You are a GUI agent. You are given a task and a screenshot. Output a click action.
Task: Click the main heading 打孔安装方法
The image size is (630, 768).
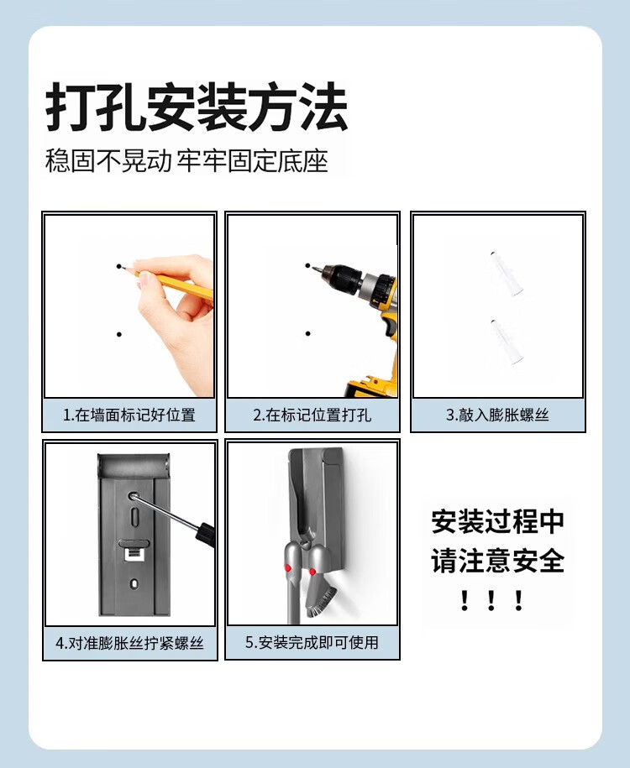[x=197, y=107]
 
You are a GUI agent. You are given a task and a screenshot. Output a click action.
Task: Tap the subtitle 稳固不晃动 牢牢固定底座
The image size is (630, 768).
[x=186, y=160]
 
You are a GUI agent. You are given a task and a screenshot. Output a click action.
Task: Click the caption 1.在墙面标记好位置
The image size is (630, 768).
[x=129, y=415]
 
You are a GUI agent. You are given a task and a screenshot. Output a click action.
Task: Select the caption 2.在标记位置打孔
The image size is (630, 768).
[x=312, y=415]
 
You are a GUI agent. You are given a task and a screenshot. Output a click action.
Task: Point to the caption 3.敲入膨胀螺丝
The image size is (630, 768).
[x=497, y=415]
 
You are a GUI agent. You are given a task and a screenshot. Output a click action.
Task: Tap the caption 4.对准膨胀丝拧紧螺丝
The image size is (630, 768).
[x=130, y=643]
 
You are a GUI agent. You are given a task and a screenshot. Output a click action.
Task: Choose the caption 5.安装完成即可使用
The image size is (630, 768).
[x=312, y=642]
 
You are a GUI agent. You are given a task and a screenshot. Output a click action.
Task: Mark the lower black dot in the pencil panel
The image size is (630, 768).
[x=119, y=335]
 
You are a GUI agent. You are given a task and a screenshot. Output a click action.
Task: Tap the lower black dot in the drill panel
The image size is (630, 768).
[x=308, y=333]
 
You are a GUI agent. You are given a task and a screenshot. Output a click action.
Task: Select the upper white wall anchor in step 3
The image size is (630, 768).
[x=506, y=274]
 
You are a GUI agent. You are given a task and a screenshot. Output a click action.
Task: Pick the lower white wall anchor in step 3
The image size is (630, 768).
[x=507, y=342]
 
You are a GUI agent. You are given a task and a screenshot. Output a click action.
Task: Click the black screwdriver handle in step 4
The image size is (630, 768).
[x=206, y=534]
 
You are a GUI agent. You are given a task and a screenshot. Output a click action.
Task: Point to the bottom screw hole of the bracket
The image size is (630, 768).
[x=134, y=583]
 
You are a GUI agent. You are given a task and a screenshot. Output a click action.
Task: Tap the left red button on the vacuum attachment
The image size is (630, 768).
[x=288, y=568]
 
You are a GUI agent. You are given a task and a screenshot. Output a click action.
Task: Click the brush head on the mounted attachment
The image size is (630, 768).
[x=321, y=600]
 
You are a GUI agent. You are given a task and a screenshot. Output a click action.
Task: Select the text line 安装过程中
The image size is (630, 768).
[x=497, y=521]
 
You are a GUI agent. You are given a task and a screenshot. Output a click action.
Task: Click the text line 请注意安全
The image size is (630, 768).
[x=497, y=561]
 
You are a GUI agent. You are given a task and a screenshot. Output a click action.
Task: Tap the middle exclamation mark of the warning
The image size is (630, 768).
[x=491, y=600]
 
